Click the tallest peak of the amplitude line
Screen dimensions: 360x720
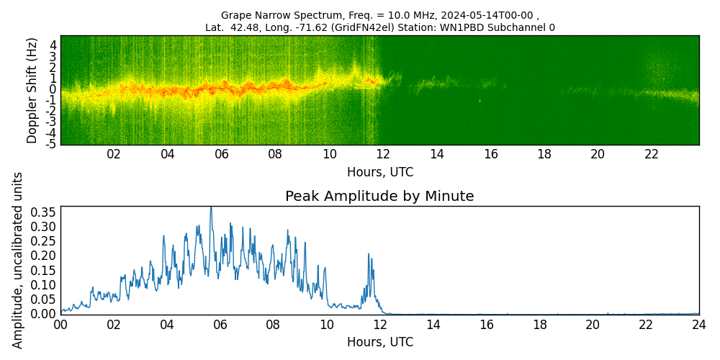pyautogui.click(x=211, y=208)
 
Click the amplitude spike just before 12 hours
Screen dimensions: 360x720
pyautogui.click(x=369, y=255)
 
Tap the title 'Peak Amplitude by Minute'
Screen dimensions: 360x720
pyautogui.click(x=379, y=197)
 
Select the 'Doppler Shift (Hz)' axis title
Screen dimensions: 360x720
pyautogui.click(x=32, y=91)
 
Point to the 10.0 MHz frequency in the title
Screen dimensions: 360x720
pyautogui.click(x=360, y=15)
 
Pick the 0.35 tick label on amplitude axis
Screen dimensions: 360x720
pyautogui.click(x=42, y=212)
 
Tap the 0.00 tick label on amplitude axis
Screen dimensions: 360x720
pyautogui.click(x=42, y=314)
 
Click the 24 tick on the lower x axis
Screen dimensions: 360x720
pyautogui.click(x=699, y=325)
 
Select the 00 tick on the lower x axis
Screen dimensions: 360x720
pyautogui.click(x=60, y=325)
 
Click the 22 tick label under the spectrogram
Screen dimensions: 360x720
pyautogui.click(x=652, y=154)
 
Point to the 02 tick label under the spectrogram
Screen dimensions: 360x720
pyautogui.click(x=114, y=154)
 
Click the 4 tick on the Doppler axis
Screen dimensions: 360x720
pyautogui.click(x=53, y=45)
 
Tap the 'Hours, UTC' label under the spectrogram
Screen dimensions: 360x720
pyautogui.click(x=379, y=172)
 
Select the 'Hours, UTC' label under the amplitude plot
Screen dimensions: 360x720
pyautogui.click(x=379, y=342)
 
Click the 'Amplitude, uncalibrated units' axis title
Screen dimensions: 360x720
pyautogui.click(x=18, y=260)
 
